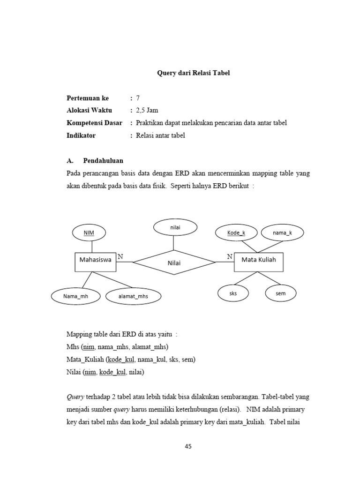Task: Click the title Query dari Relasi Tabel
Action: (193, 73)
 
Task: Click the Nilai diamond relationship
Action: (174, 262)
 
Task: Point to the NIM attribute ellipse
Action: (89, 232)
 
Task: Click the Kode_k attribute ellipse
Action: (236, 232)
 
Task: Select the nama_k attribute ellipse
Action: (282, 232)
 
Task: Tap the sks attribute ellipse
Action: (233, 293)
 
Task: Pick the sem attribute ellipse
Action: (281, 293)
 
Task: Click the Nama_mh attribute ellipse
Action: (76, 296)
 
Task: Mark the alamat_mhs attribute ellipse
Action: (133, 296)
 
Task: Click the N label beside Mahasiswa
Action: (120, 257)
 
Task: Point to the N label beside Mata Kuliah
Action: (230, 257)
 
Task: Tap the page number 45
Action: (188, 447)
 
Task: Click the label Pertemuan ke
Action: (88, 98)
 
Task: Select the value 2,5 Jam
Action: (147, 111)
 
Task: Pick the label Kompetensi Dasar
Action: (94, 123)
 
